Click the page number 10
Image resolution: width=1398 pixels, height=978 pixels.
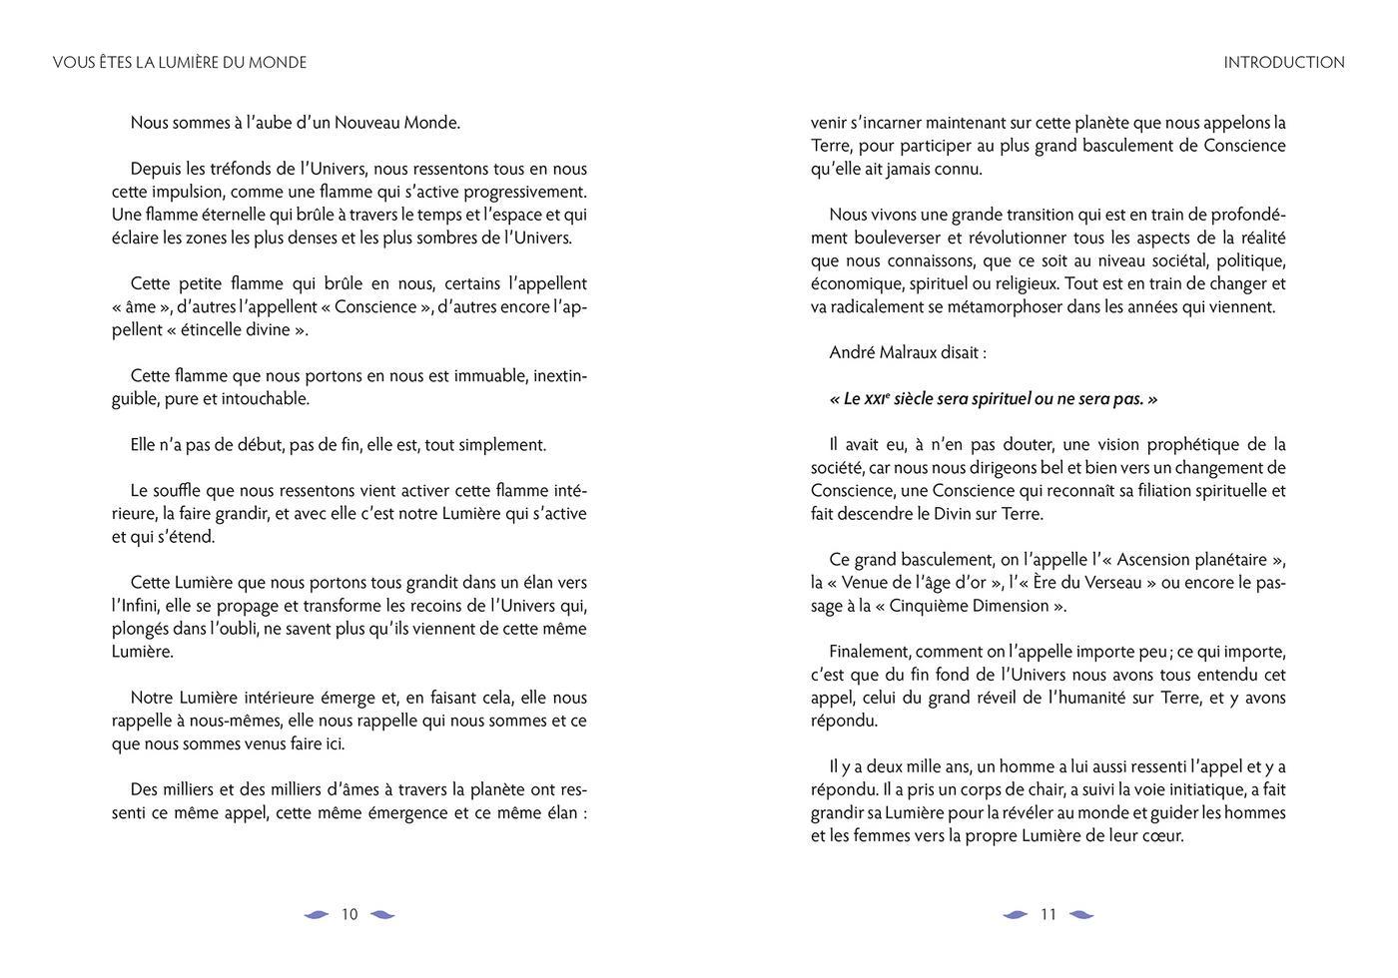pos(349,914)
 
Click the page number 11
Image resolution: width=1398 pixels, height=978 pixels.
pos(1048,914)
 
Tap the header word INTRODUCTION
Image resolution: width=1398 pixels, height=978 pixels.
pos(1284,62)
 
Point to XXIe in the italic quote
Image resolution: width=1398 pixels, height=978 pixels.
pos(870,398)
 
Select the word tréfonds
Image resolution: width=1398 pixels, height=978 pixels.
pos(232,169)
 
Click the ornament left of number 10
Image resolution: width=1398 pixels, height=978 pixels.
pos(317,914)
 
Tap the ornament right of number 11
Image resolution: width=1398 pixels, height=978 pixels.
pos(1081,914)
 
